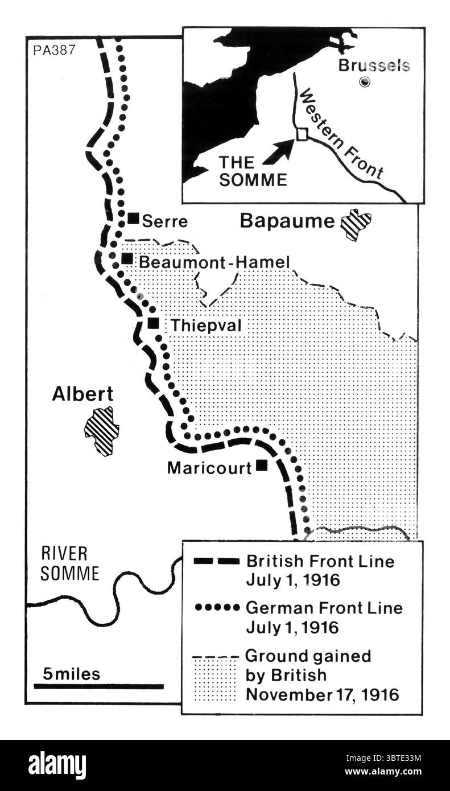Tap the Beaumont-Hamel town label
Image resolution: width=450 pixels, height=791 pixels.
click(214, 262)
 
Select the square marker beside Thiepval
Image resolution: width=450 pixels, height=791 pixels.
click(153, 323)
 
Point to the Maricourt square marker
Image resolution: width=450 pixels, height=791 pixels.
click(262, 465)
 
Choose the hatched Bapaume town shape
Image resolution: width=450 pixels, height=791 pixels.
click(356, 224)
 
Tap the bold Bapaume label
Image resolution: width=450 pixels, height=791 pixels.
click(287, 221)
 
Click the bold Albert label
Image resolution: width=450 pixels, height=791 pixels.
click(82, 394)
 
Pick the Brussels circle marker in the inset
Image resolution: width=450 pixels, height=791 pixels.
click(365, 82)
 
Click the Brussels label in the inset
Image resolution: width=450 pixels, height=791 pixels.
click(374, 65)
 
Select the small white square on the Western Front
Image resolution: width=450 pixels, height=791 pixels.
click(302, 133)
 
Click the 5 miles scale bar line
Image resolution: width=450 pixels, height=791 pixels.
click(98, 686)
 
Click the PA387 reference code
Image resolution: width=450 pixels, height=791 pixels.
click(53, 49)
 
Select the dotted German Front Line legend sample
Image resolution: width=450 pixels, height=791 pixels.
click(216, 608)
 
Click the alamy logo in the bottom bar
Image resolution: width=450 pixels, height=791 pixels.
click(57, 765)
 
